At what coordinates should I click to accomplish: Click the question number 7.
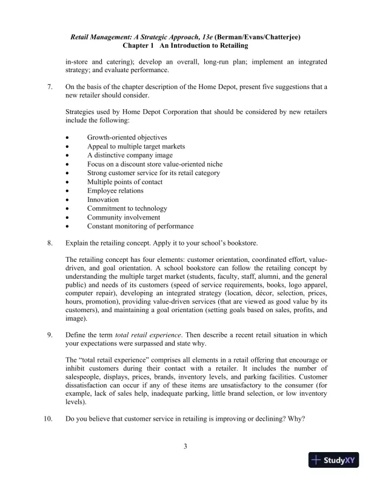tap(50, 87)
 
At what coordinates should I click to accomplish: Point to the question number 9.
tap(50, 335)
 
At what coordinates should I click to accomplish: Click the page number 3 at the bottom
tap(185, 447)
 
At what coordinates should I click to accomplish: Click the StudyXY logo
tap(333, 460)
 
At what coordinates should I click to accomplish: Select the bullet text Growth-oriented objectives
tap(127, 138)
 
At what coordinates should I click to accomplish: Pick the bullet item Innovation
tap(103, 199)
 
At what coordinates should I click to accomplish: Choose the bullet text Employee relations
tap(115, 190)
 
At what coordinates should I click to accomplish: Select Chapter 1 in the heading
tap(139, 45)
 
